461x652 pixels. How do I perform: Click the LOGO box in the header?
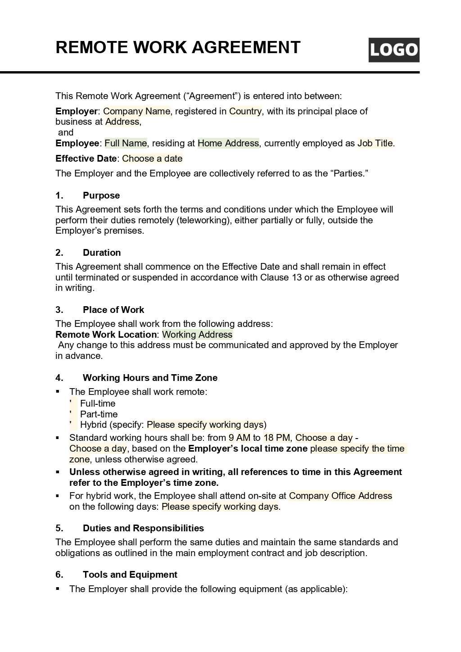pos(393,50)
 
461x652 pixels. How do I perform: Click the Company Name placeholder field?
pos(136,111)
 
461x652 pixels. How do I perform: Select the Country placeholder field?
pos(245,111)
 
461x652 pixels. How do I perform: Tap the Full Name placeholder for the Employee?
pos(126,143)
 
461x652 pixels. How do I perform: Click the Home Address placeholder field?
pos(228,143)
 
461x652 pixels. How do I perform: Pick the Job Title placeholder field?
pos(375,143)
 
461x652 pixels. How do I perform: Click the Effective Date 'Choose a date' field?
pos(152,158)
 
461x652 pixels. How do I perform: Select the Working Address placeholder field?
pos(197,335)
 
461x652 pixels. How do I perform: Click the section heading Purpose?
pos(101,195)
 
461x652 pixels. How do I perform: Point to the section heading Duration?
pos(102,253)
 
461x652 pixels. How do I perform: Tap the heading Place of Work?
pos(113,310)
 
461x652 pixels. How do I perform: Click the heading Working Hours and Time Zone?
pos(150,378)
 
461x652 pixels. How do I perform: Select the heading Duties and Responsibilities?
pos(143,528)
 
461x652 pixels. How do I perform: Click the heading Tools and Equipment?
pos(130,575)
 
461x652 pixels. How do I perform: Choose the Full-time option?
pos(97,403)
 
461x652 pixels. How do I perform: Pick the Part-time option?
pos(99,414)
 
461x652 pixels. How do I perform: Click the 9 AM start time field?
pos(239,438)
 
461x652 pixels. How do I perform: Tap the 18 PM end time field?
pos(276,438)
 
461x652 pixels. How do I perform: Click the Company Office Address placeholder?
pos(340,496)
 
